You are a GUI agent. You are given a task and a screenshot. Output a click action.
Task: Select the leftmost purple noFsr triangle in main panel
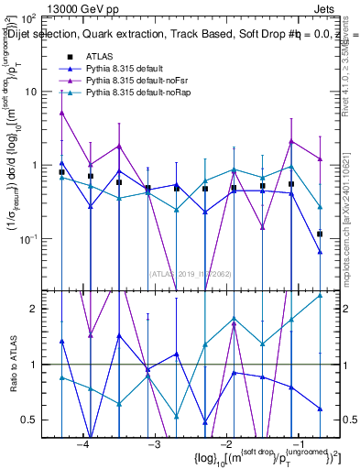61,113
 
